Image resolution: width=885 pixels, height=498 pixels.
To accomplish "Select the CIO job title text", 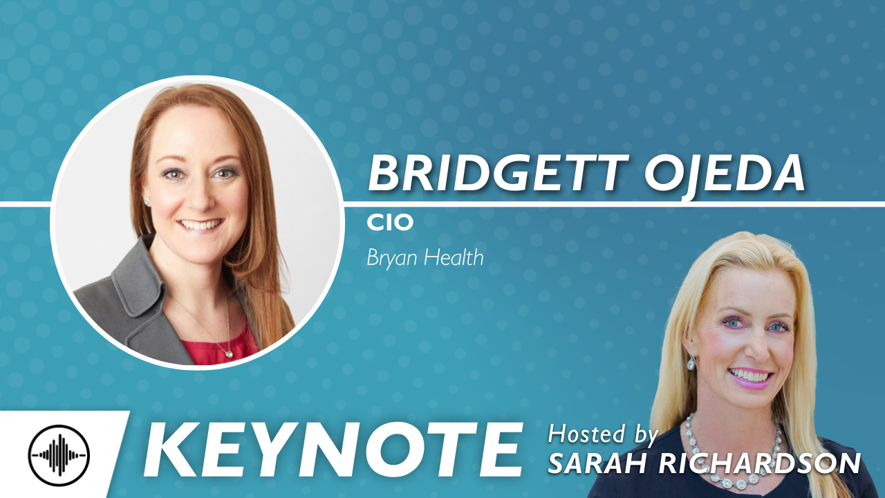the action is pyautogui.click(x=390, y=223).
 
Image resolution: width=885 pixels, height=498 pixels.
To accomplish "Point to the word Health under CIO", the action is pyautogui.click(x=454, y=257).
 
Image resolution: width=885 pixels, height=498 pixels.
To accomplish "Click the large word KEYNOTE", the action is pyautogui.click(x=333, y=450).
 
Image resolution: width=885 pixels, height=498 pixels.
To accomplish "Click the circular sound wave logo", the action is pyautogui.click(x=59, y=455).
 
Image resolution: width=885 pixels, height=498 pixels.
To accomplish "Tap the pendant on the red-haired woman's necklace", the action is pyautogui.click(x=229, y=353).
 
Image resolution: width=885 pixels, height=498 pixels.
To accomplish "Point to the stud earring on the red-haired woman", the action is pyautogui.click(x=147, y=201).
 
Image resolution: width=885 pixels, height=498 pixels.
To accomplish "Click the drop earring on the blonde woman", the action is pyautogui.click(x=691, y=363).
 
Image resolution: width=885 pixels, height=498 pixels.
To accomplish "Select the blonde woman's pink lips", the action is pyautogui.click(x=750, y=378).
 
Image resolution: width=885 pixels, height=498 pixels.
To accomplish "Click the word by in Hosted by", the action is pyautogui.click(x=644, y=435).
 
